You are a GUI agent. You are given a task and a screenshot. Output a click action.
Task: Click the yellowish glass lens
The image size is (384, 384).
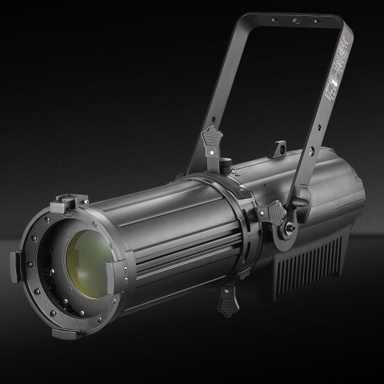91,260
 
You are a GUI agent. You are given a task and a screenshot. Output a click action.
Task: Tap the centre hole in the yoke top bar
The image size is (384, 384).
296,21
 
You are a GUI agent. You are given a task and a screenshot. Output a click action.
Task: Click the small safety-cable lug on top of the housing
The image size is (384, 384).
279,148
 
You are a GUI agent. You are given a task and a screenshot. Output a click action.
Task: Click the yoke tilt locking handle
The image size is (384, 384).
300,202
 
